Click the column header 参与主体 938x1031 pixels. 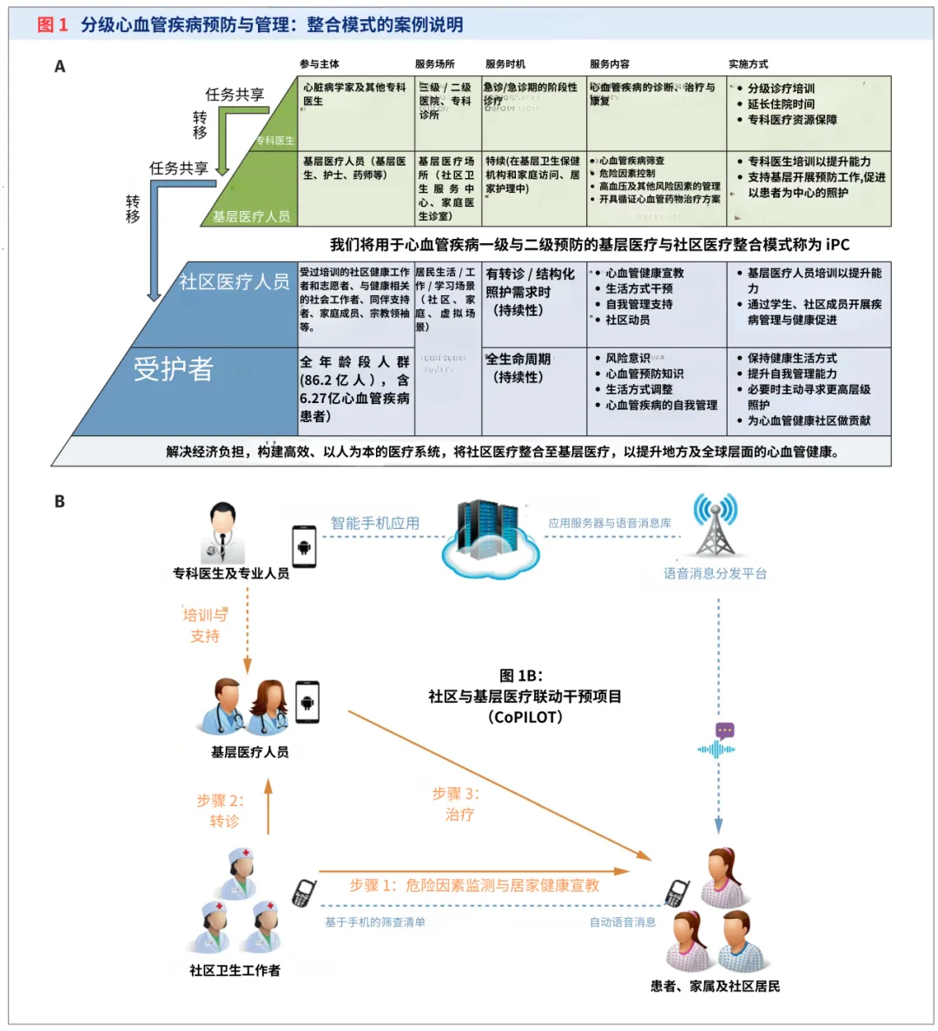[320, 64]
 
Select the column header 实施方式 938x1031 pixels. [748, 64]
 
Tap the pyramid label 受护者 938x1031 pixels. [174, 369]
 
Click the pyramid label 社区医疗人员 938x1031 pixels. [234, 281]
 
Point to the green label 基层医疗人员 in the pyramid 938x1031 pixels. [251, 216]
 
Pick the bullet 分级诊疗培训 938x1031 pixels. [781, 89]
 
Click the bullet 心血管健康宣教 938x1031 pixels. [644, 273]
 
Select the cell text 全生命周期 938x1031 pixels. [519, 360]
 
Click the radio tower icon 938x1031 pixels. [715, 525]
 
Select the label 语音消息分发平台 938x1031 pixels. [715, 573]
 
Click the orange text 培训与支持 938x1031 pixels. [205, 625]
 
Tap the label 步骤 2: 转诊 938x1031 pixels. [221, 810]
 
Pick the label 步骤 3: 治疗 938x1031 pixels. [457, 803]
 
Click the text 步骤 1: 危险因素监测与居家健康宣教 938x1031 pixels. [474, 885]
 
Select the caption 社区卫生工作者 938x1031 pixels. [234, 970]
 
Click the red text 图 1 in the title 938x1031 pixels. [52, 24]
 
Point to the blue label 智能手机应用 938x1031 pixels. [374, 523]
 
